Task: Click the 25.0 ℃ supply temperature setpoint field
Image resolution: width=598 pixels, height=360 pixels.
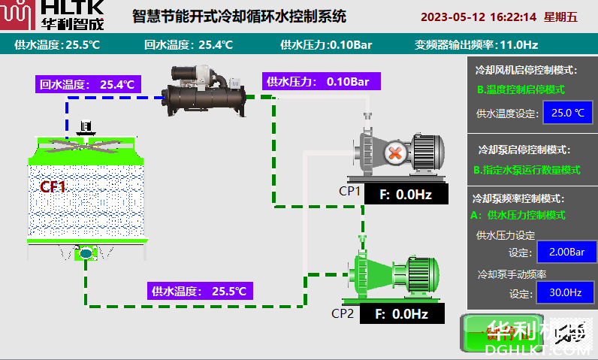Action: [568, 113]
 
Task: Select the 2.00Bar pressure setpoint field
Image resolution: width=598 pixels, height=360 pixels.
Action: [567, 252]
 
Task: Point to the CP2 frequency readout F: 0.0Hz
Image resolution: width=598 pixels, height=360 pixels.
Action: [401, 313]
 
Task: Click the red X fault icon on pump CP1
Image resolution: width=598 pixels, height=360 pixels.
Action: [393, 155]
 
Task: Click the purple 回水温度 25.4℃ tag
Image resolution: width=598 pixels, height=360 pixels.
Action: [87, 84]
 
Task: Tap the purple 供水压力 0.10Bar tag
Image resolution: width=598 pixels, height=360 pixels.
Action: [322, 81]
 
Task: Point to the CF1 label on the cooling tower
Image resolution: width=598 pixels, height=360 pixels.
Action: [53, 186]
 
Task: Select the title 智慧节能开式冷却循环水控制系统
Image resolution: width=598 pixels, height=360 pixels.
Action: [239, 16]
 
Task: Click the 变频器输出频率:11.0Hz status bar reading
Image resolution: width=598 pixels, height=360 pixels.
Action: [476, 44]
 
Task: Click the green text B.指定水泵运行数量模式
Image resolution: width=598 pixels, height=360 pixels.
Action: [527, 170]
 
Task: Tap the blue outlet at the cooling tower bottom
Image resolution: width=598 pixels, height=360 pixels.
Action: [86, 254]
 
